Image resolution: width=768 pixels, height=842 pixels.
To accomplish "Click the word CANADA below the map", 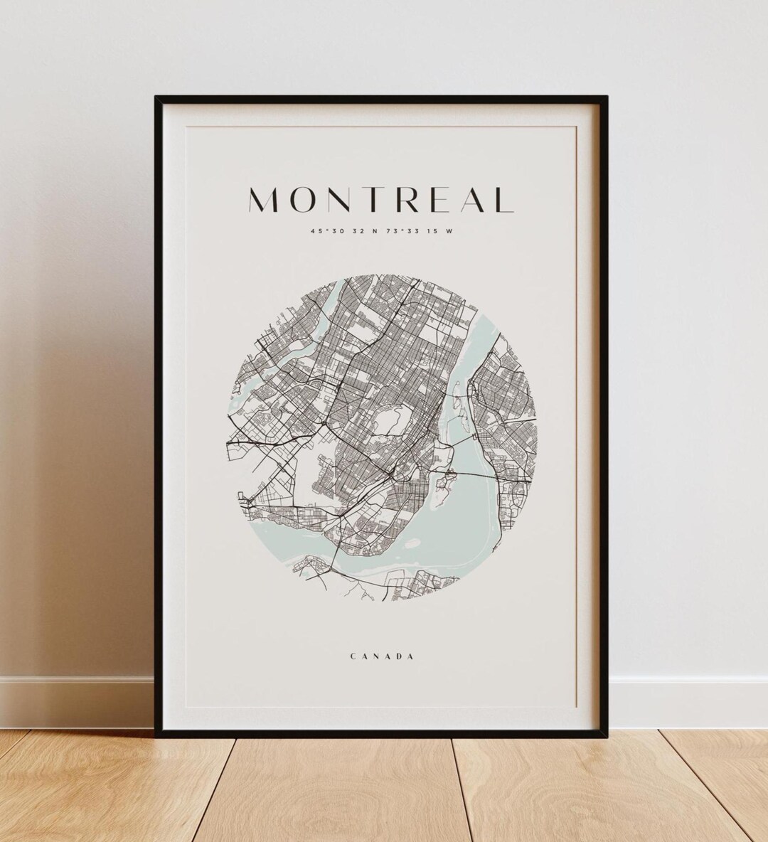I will point(383,656).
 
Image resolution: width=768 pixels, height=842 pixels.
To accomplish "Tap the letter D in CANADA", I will point(398,656).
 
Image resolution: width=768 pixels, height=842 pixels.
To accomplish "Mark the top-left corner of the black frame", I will point(156,97).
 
